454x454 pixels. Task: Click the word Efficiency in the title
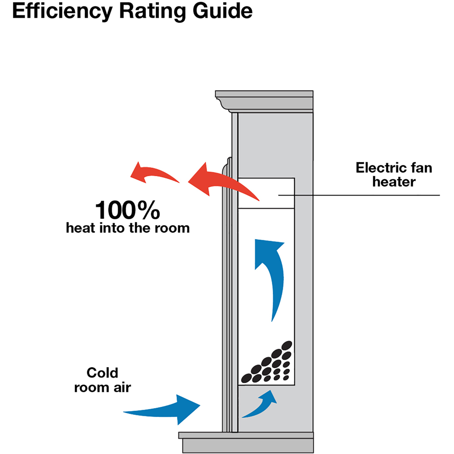[58, 12]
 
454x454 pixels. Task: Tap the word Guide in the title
[224, 12]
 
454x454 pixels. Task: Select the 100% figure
[128, 211]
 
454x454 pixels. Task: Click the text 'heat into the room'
[128, 228]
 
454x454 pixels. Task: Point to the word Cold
[102, 373]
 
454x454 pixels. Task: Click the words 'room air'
[102, 388]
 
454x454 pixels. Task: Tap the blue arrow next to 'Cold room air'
[168, 409]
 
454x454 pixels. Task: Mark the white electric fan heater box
[266, 193]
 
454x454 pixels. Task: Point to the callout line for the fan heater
[363, 195]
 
